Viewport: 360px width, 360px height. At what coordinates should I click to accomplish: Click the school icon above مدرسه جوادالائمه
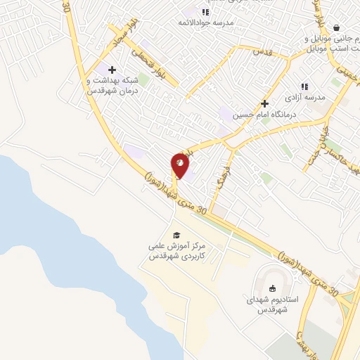[205, 12]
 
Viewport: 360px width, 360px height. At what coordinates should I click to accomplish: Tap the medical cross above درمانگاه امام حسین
[265, 103]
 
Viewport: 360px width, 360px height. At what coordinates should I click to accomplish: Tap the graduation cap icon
[176, 236]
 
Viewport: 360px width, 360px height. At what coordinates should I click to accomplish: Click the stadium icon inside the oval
[272, 287]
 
